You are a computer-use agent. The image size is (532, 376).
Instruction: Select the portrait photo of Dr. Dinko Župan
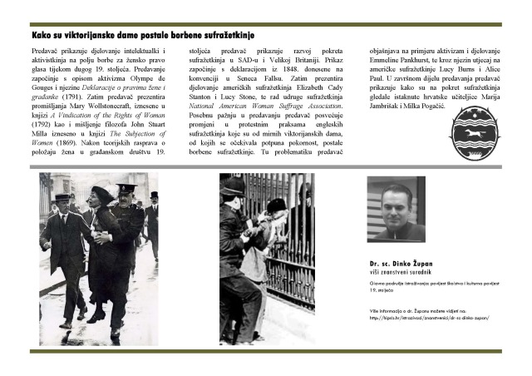[396, 209]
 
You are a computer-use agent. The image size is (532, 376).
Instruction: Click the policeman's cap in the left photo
[126, 188]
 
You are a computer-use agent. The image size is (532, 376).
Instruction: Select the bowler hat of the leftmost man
[62, 196]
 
